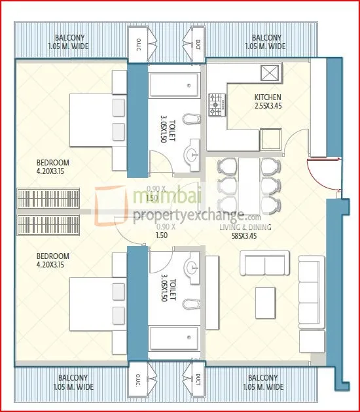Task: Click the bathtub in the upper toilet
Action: pyautogui.click(x=173, y=86)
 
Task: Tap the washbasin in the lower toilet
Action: pyautogui.click(x=191, y=267)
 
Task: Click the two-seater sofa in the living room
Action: pyautogui.click(x=265, y=264)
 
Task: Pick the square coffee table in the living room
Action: pyautogui.click(x=265, y=301)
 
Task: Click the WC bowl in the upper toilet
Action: pyautogui.click(x=190, y=120)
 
